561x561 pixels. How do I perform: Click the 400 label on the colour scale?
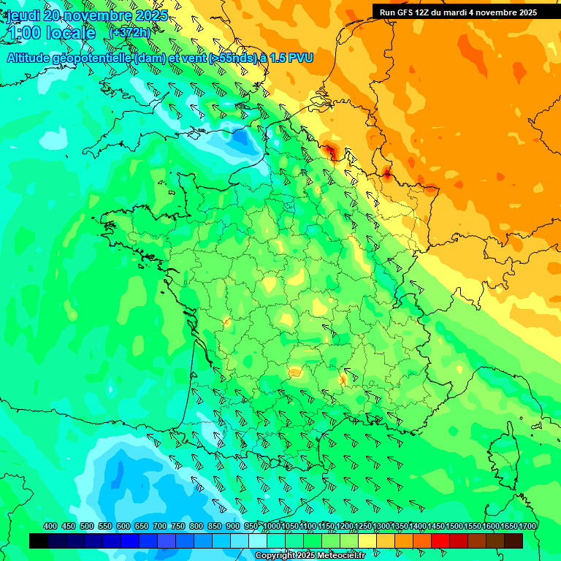(x=50, y=526)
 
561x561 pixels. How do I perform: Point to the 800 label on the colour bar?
(x=196, y=526)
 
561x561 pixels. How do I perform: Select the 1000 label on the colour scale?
(x=272, y=526)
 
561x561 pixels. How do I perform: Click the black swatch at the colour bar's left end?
(x=39, y=541)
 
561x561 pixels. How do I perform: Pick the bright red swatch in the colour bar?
(x=440, y=541)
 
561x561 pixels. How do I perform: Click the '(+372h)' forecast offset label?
(x=129, y=33)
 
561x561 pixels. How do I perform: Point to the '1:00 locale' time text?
(x=51, y=34)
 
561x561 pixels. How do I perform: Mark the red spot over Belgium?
(x=330, y=152)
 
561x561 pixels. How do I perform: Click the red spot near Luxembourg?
(x=386, y=173)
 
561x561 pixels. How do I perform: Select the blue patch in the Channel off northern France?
(x=241, y=137)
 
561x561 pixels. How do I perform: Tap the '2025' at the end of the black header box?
(x=524, y=12)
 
